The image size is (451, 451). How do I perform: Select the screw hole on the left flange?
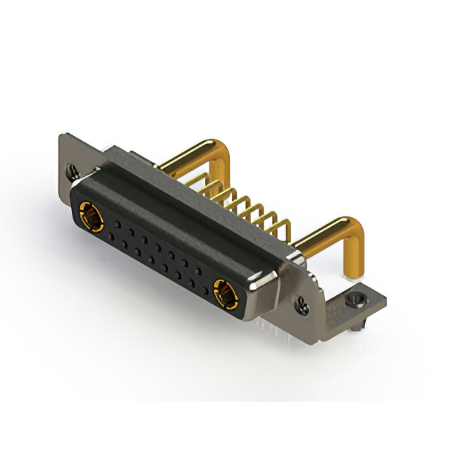click(x=71, y=170)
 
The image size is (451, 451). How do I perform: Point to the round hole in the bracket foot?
click(x=357, y=299)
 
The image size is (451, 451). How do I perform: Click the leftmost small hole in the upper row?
click(x=117, y=224)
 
